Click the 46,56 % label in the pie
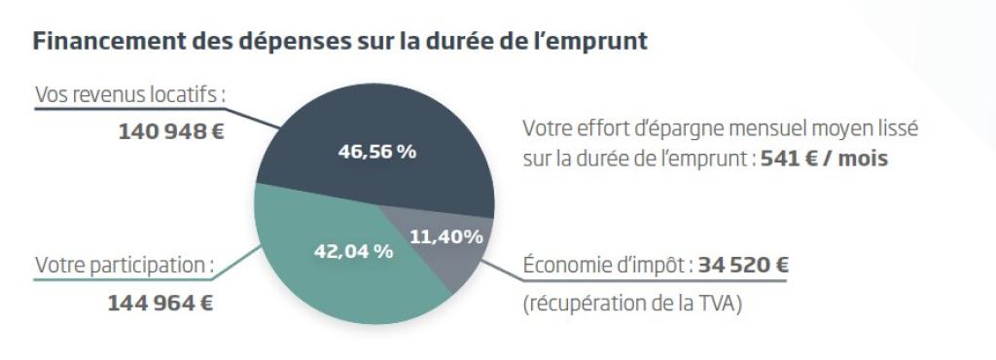[x=376, y=153]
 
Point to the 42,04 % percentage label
[x=353, y=251]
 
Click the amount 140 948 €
[x=171, y=130]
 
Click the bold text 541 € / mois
[x=824, y=159]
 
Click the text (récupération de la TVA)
[x=633, y=303]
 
